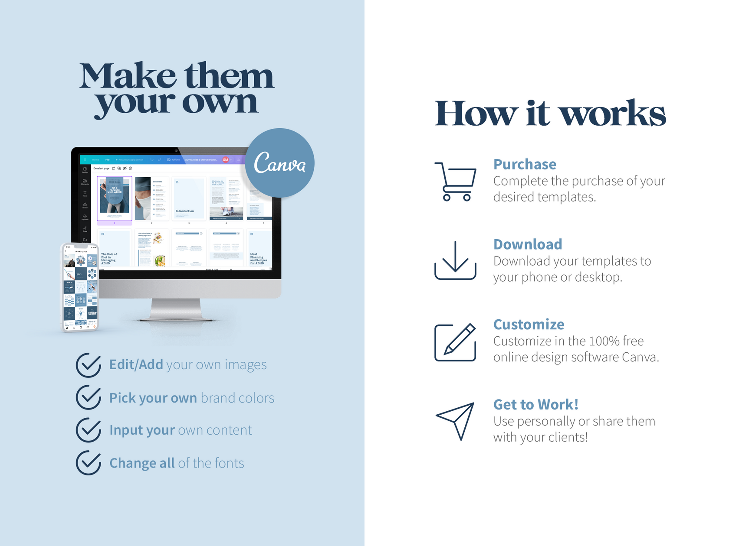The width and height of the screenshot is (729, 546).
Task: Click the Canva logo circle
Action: tap(279, 163)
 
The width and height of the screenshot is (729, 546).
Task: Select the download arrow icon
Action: tap(455, 260)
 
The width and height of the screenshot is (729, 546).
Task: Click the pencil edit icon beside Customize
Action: tap(455, 342)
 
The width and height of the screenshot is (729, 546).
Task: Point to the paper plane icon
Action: tap(456, 420)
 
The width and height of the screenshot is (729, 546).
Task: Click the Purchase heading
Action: tap(525, 164)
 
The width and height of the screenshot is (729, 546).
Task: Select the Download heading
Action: tap(528, 244)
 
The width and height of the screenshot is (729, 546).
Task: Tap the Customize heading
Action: tap(529, 324)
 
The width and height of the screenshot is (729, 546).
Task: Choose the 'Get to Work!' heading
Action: tap(536, 404)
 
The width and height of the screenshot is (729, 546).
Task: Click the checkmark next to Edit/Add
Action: tap(89, 365)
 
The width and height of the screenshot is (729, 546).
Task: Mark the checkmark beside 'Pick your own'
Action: tap(89, 397)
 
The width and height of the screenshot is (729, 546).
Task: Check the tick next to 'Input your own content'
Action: tap(89, 430)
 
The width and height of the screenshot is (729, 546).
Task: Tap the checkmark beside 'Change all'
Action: tap(89, 463)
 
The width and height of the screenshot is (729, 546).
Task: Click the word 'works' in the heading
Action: tap(612, 114)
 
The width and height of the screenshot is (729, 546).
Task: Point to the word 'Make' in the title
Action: tap(128, 76)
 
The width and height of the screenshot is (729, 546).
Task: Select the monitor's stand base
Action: tap(176, 319)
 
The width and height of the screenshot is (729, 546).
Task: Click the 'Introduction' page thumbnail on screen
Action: tap(189, 199)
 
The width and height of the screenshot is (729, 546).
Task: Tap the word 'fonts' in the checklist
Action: tap(230, 463)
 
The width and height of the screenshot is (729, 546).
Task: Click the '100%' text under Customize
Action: tap(604, 341)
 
